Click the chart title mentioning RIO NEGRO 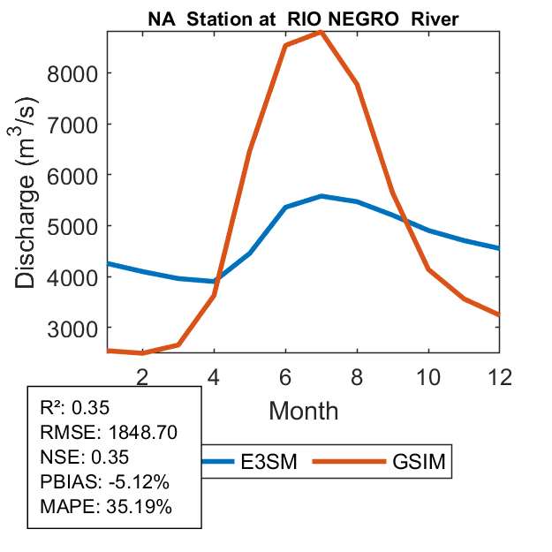click(303, 20)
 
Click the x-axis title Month click(303, 411)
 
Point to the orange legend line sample click(352, 461)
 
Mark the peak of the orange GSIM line click(321, 32)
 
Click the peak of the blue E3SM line click(321, 196)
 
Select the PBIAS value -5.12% click(135, 482)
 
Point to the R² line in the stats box click(74, 408)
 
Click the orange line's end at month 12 click(498, 314)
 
